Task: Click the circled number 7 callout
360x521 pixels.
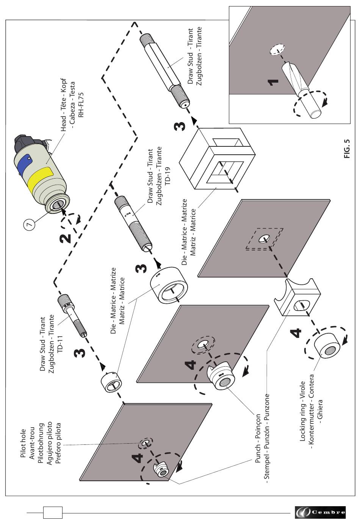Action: coord(30,224)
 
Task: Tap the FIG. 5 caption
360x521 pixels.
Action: coord(347,149)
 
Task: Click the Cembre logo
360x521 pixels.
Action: coord(320,512)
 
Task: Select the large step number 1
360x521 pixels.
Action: coord(273,82)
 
